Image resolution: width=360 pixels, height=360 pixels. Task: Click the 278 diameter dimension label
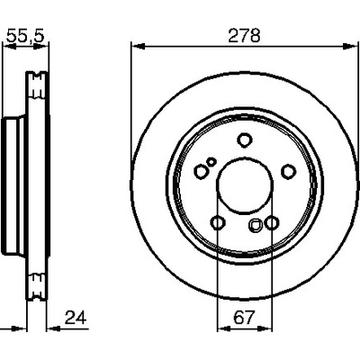click(x=244, y=36)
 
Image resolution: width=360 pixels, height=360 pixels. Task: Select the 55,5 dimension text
click(x=25, y=36)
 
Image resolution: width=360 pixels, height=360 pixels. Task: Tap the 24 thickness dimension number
click(x=76, y=318)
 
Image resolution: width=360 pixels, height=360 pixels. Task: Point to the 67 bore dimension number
click(x=244, y=318)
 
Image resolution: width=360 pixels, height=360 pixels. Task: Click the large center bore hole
click(x=245, y=185)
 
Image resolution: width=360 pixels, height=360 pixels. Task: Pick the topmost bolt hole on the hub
click(x=245, y=139)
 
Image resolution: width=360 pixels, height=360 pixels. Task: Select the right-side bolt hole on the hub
click(x=289, y=172)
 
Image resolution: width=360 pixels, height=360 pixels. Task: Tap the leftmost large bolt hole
click(x=201, y=172)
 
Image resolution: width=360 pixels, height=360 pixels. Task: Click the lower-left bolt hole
click(x=218, y=223)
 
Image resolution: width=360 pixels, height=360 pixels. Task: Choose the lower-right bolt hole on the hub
click(x=272, y=223)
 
